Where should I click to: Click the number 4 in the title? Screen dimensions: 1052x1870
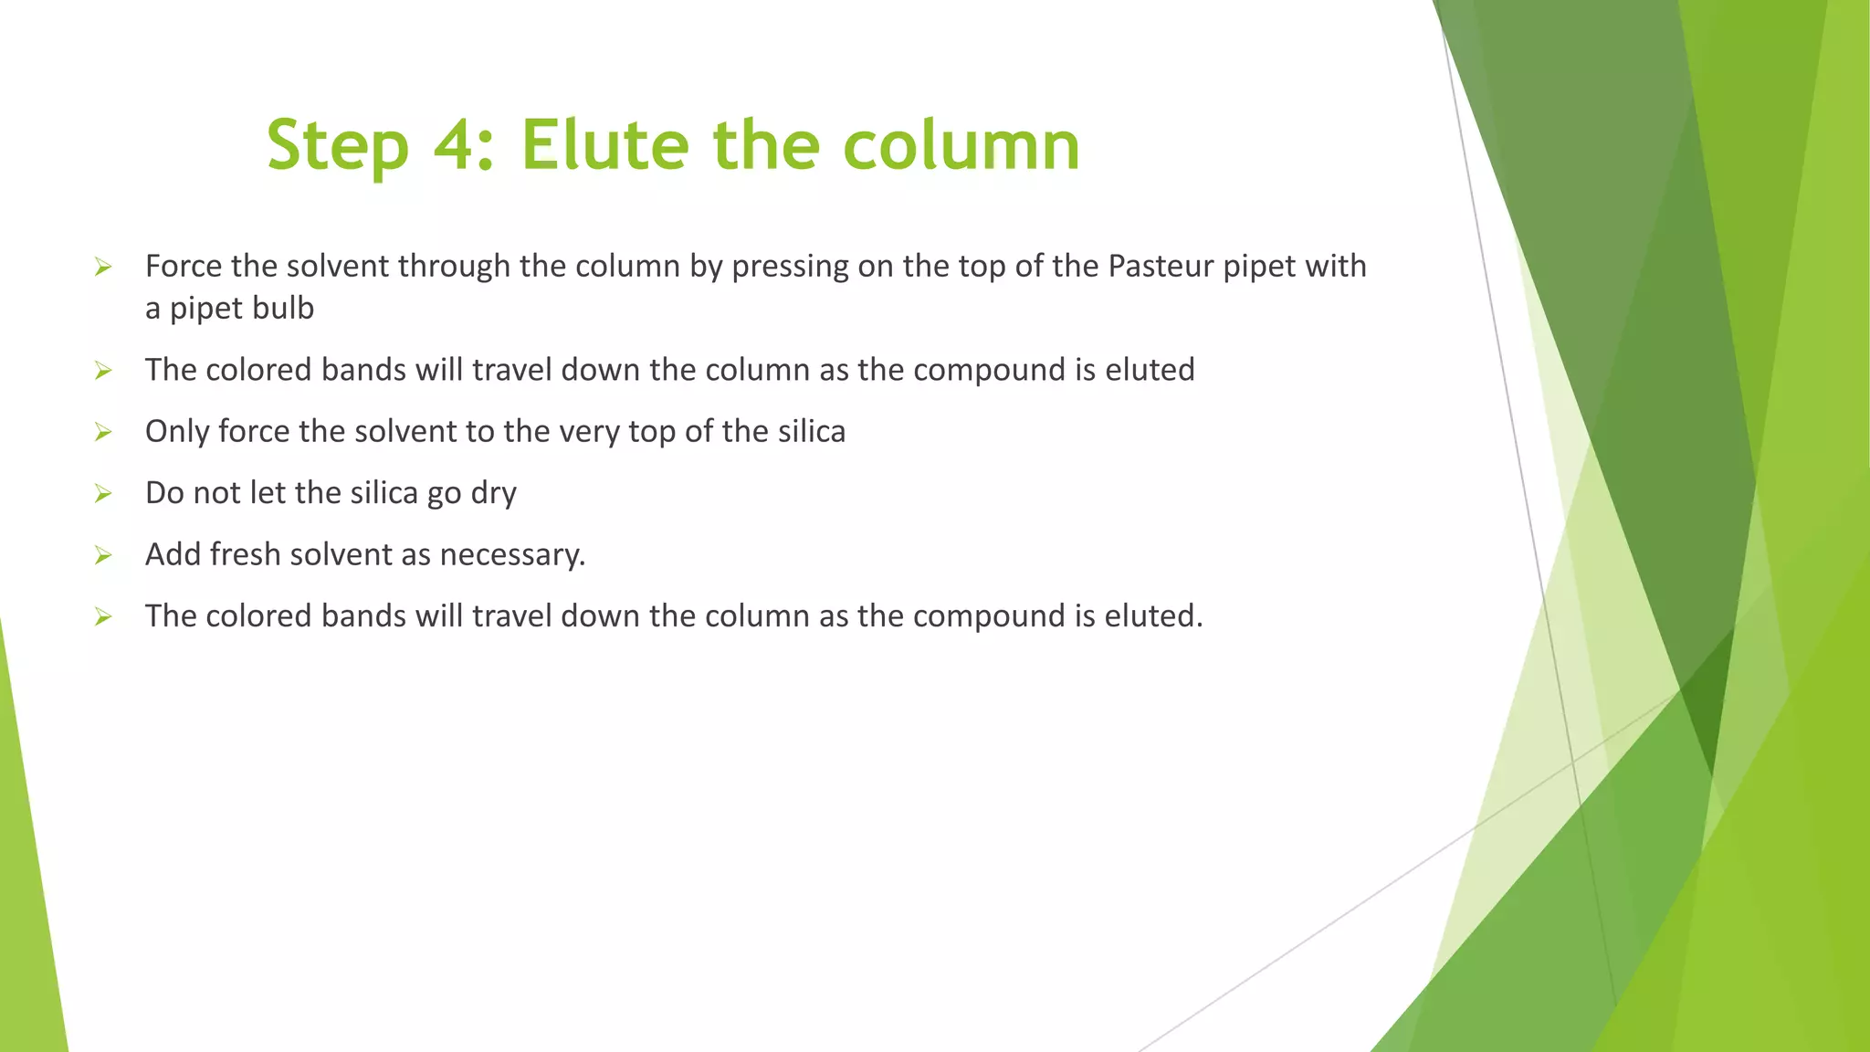pos(455,146)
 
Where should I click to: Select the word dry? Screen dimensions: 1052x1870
pos(493,494)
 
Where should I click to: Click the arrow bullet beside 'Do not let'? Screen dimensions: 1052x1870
pos(103,494)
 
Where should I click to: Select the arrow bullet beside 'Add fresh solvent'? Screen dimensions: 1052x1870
pos(103,555)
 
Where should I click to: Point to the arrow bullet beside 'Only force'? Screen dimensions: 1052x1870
pos(103,432)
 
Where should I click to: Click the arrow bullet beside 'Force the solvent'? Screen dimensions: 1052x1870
pos(103,267)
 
